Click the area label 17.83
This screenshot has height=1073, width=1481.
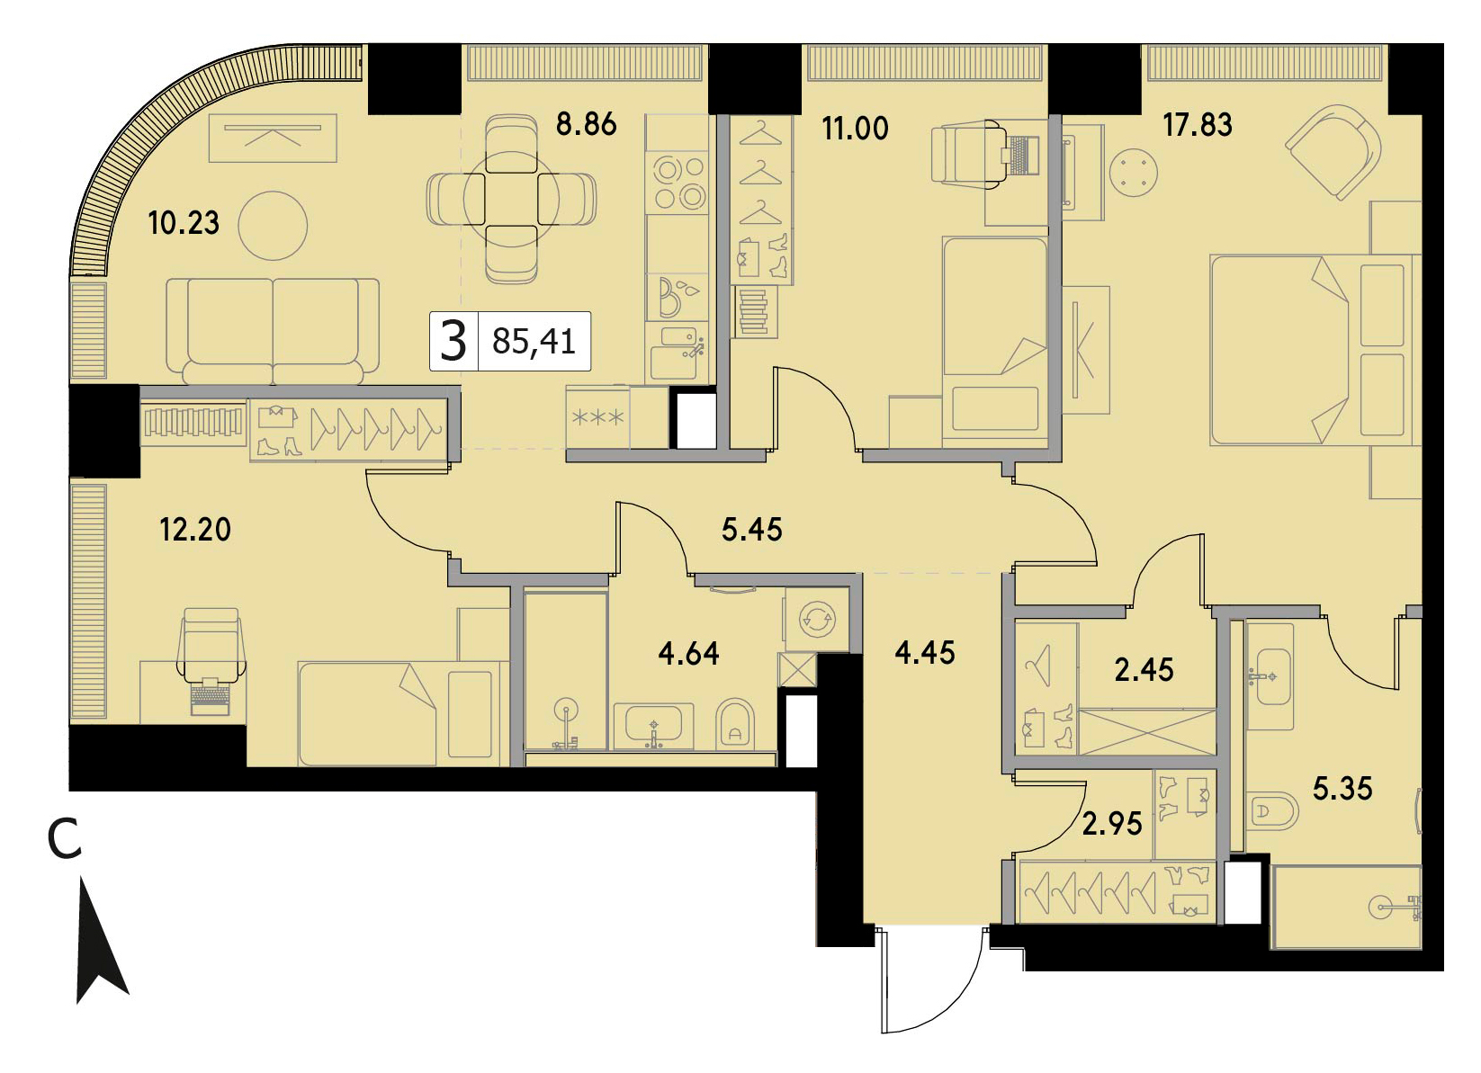(x=1198, y=125)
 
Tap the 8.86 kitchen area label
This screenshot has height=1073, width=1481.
(x=586, y=124)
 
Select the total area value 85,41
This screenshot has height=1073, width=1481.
(x=534, y=342)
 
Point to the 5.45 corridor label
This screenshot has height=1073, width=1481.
(x=751, y=530)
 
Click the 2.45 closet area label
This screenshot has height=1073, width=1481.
(x=1144, y=670)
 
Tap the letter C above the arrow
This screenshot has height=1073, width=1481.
(x=65, y=839)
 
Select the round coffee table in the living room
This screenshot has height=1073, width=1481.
(x=273, y=226)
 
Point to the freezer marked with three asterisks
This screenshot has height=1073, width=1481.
(x=597, y=417)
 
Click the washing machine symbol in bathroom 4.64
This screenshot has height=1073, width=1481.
(x=817, y=619)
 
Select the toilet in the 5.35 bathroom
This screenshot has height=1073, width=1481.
(x=1274, y=811)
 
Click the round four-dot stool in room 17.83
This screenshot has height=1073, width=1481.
(x=1134, y=173)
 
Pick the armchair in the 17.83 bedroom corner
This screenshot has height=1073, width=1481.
(x=1334, y=150)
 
